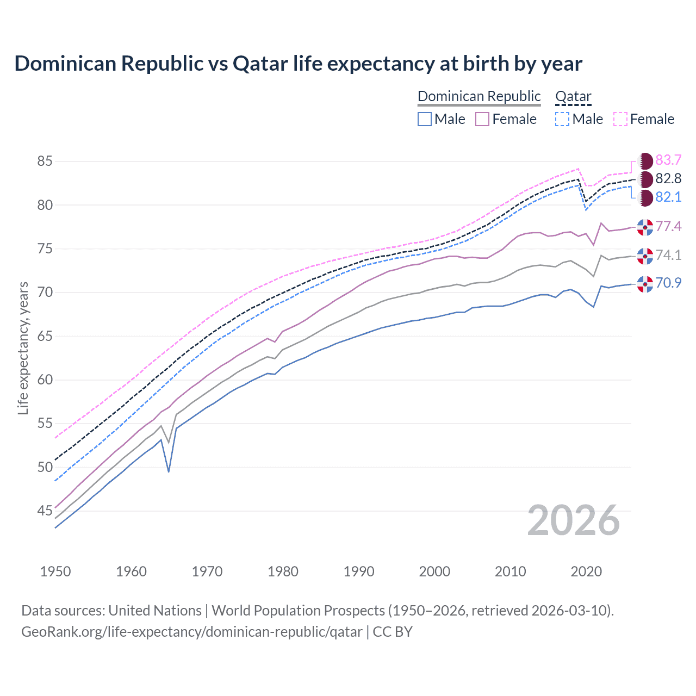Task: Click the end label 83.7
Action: point(668,160)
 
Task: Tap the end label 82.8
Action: point(668,178)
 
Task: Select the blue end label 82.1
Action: point(668,197)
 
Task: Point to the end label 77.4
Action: point(668,226)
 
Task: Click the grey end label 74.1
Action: point(668,256)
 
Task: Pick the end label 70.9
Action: point(668,283)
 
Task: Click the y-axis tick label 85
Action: point(45,161)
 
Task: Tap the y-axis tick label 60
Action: point(45,380)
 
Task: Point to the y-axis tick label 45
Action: point(45,511)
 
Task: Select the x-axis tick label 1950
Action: point(55,571)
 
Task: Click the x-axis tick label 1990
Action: point(359,571)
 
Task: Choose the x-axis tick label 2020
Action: point(586,571)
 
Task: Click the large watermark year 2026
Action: point(574,520)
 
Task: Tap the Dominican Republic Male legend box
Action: point(425,119)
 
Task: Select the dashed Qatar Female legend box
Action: point(620,119)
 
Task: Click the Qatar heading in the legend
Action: point(573,96)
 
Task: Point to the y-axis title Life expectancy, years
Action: point(23,348)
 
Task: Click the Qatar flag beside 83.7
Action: point(645,160)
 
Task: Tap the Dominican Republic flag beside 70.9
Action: point(645,283)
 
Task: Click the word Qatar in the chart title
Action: point(260,64)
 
